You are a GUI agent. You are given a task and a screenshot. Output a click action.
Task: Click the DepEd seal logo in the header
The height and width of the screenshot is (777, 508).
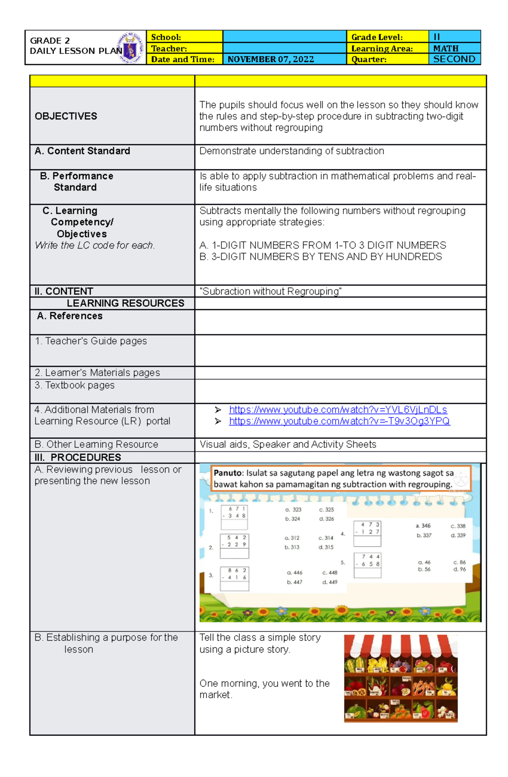(130, 48)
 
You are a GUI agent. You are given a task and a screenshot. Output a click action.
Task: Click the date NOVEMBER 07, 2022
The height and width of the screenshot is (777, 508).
(271, 59)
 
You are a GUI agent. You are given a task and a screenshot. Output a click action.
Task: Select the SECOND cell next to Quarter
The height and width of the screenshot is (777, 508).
(454, 59)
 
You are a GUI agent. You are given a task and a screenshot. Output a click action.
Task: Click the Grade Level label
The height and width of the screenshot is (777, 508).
(377, 37)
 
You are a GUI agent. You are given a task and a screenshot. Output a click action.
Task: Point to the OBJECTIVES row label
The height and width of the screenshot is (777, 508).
(66, 116)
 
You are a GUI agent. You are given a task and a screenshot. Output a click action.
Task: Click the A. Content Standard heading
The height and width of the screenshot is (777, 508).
(82, 151)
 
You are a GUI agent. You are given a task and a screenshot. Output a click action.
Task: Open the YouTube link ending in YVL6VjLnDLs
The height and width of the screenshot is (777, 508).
(337, 410)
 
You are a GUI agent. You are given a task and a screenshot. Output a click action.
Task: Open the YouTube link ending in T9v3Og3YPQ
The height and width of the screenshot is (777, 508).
(339, 421)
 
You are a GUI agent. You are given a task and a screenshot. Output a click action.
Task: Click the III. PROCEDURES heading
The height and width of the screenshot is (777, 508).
(78, 457)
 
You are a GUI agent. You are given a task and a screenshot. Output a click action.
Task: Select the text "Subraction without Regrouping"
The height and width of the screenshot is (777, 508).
(271, 291)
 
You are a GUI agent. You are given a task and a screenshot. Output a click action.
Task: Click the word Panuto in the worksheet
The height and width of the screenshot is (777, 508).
(228, 473)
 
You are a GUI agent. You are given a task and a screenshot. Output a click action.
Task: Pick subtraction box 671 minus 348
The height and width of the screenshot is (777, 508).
(234, 517)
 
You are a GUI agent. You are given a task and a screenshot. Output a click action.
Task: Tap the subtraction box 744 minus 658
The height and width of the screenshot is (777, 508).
(367, 565)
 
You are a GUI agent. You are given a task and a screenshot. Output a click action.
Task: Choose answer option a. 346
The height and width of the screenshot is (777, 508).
(423, 526)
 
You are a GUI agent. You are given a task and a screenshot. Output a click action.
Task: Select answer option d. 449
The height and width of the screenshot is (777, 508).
(330, 582)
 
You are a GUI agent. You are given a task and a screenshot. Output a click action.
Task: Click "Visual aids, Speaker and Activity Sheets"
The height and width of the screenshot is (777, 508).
(287, 445)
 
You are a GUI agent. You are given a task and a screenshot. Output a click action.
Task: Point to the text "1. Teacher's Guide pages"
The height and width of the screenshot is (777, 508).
(91, 341)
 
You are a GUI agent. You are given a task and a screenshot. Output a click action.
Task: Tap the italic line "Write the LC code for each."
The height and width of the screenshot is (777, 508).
(95, 246)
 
